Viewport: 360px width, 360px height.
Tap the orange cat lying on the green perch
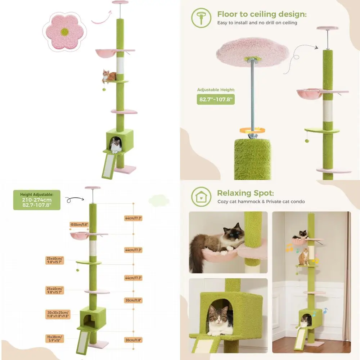point(109,76)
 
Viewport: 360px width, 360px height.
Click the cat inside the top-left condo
point(116,145)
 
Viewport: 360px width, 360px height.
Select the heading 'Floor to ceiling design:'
point(262,14)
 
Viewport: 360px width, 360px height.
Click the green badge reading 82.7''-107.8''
point(216,99)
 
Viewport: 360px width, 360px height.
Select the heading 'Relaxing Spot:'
point(246,193)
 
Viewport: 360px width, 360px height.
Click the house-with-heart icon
point(201,197)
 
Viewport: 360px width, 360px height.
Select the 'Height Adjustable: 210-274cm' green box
point(37,200)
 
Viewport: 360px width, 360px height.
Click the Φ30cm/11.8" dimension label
point(79,224)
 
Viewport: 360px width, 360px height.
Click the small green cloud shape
point(159,201)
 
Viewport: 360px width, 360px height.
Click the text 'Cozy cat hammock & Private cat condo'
point(261,202)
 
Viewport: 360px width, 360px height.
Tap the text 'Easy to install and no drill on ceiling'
point(257,23)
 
